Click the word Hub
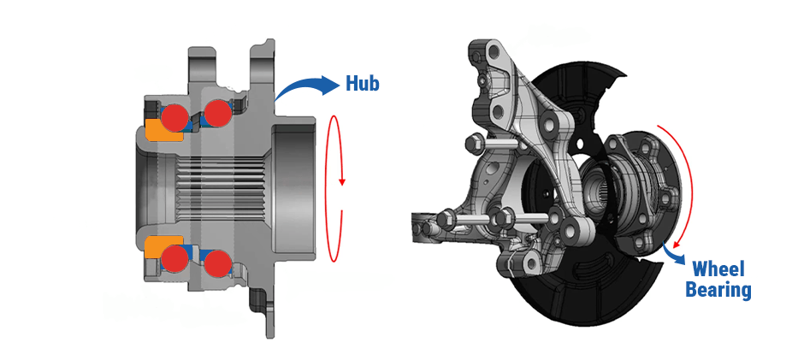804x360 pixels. (x=362, y=83)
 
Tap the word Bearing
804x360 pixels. (x=718, y=291)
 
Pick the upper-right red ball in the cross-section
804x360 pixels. (x=217, y=113)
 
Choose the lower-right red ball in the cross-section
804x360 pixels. (x=217, y=262)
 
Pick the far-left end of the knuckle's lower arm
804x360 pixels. (x=419, y=226)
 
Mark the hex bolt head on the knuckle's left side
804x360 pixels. (x=470, y=142)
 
